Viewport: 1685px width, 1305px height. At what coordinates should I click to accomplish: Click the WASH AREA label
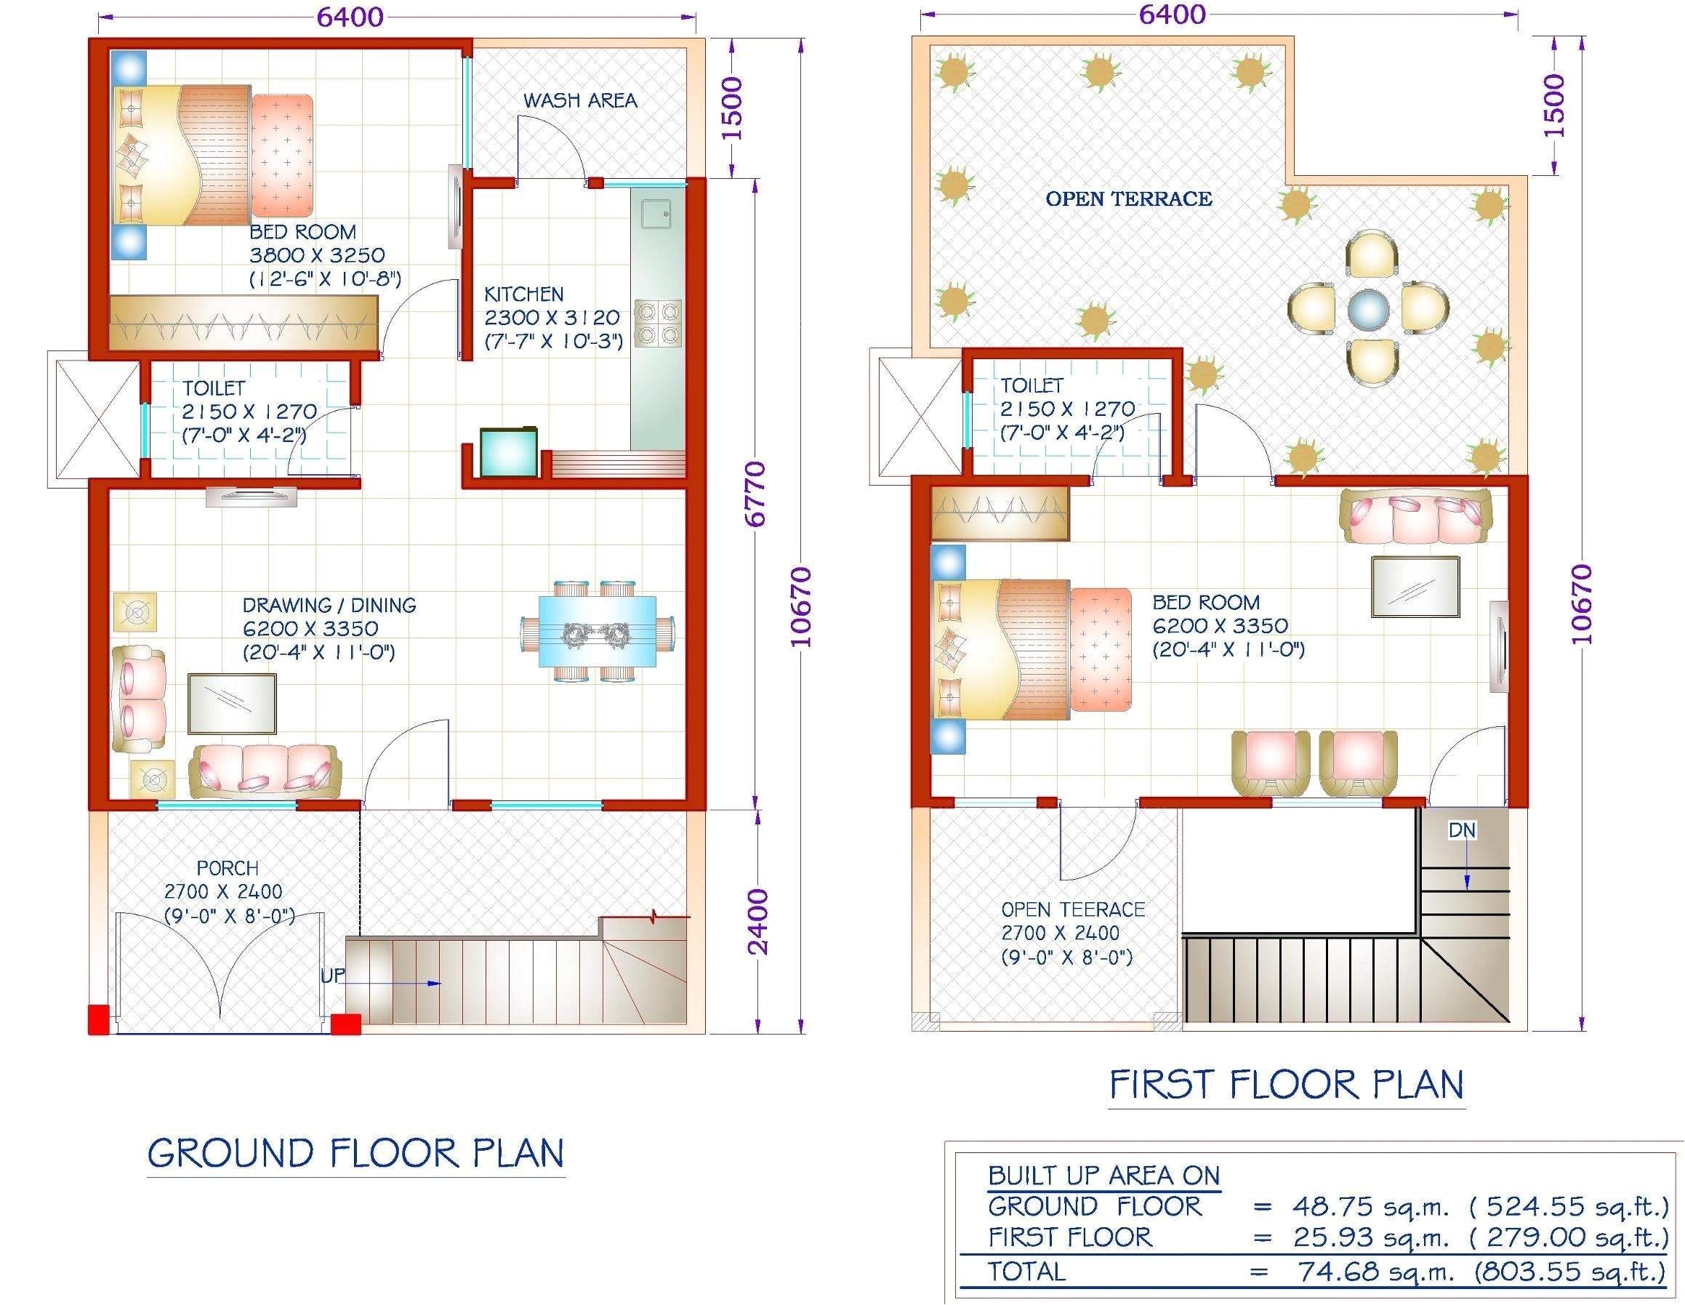(x=579, y=100)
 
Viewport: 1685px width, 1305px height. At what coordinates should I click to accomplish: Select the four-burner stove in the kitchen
(x=658, y=324)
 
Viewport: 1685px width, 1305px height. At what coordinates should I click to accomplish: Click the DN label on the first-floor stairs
(x=1461, y=830)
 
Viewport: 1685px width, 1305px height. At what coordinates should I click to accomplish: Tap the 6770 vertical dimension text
(x=756, y=494)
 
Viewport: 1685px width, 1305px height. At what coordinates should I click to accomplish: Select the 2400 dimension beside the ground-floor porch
(x=758, y=921)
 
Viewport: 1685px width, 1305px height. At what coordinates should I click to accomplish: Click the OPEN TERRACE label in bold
(x=1128, y=199)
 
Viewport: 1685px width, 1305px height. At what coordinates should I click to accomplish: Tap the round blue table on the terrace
(x=1368, y=310)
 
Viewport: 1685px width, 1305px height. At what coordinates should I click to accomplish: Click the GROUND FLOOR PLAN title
(x=355, y=1154)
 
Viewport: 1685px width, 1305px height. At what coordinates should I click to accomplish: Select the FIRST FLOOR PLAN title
(x=1286, y=1084)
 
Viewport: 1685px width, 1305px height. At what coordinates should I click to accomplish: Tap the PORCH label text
(x=227, y=868)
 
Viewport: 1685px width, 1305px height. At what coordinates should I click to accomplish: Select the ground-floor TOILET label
(x=213, y=388)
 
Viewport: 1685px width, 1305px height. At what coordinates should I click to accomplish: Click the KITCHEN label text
(x=523, y=294)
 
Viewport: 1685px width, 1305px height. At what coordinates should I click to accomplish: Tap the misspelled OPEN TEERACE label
(x=1072, y=910)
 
